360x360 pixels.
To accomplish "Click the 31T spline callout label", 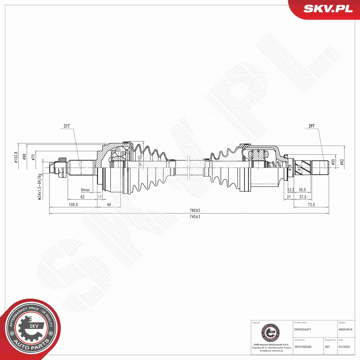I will click(x=66, y=126).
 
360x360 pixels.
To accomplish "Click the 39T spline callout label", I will click(x=311, y=126).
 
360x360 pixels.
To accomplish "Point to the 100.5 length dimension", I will click(x=73, y=204).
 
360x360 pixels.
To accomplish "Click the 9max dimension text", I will click(x=85, y=190).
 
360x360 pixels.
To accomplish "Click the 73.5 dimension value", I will click(x=311, y=204).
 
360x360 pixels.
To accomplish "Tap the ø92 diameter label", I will click(x=342, y=161).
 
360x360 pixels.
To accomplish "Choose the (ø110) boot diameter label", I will click(x=140, y=161).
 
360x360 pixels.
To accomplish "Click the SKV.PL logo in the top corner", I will click(x=324, y=9).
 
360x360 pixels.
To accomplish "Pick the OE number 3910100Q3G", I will click(x=303, y=347).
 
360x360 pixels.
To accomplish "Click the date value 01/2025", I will click(x=344, y=347).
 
